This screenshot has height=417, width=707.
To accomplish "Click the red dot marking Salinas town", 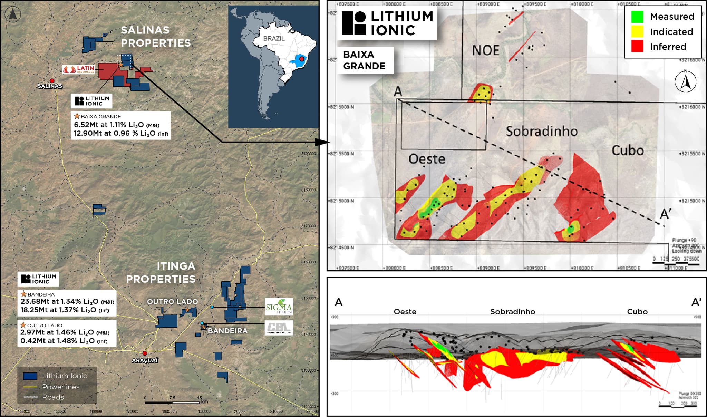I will coord(52,81).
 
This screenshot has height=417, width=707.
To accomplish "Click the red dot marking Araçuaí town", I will coord(145,353).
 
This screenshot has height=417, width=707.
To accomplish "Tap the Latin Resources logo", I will coord(79,69).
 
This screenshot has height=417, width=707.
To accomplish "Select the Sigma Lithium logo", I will coord(279,307).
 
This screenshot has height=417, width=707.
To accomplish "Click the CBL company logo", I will coord(279,328).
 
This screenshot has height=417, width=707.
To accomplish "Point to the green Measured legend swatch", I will coord(637,17).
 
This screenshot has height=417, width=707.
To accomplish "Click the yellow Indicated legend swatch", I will coord(637,32).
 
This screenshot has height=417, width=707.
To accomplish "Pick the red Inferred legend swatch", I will coord(637,47).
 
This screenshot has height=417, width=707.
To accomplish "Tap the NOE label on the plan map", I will coord(485,51).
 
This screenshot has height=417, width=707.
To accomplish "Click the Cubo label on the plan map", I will coord(628,151).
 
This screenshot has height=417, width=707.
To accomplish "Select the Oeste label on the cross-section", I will coord(405,312).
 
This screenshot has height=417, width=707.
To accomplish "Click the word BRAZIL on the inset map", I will coord(274,38).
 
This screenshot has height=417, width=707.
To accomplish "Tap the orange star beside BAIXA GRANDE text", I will coord(77,116).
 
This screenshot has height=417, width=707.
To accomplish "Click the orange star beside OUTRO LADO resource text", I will coord(23,325).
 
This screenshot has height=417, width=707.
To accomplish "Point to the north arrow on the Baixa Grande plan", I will coord(686,81).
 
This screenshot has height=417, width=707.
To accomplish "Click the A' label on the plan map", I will coord(665,214).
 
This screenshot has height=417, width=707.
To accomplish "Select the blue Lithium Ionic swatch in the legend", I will coord(30,376).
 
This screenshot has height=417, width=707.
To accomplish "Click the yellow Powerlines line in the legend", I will coord(30,387).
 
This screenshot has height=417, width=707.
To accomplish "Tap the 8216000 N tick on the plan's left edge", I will coord(341,107).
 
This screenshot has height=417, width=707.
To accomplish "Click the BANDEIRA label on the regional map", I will coord(227,331).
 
